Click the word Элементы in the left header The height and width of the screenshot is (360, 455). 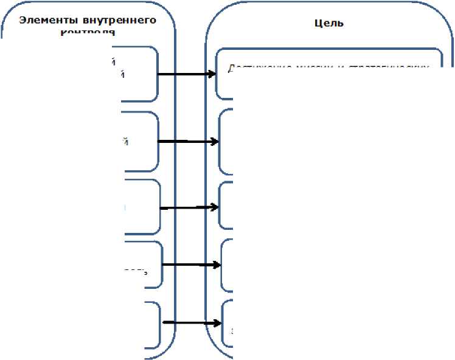(44, 19)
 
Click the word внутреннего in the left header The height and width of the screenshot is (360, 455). (113, 19)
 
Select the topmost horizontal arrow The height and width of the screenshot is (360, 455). (186, 74)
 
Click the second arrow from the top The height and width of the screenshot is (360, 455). (187, 141)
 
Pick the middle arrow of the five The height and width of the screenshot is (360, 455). (189, 207)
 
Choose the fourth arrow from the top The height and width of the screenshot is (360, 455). (190, 265)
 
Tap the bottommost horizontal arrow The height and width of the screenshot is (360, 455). (191, 323)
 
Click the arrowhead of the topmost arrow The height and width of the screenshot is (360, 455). (212, 74)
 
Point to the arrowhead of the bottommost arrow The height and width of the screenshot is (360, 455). (217, 323)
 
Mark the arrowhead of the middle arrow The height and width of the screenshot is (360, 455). (215, 207)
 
